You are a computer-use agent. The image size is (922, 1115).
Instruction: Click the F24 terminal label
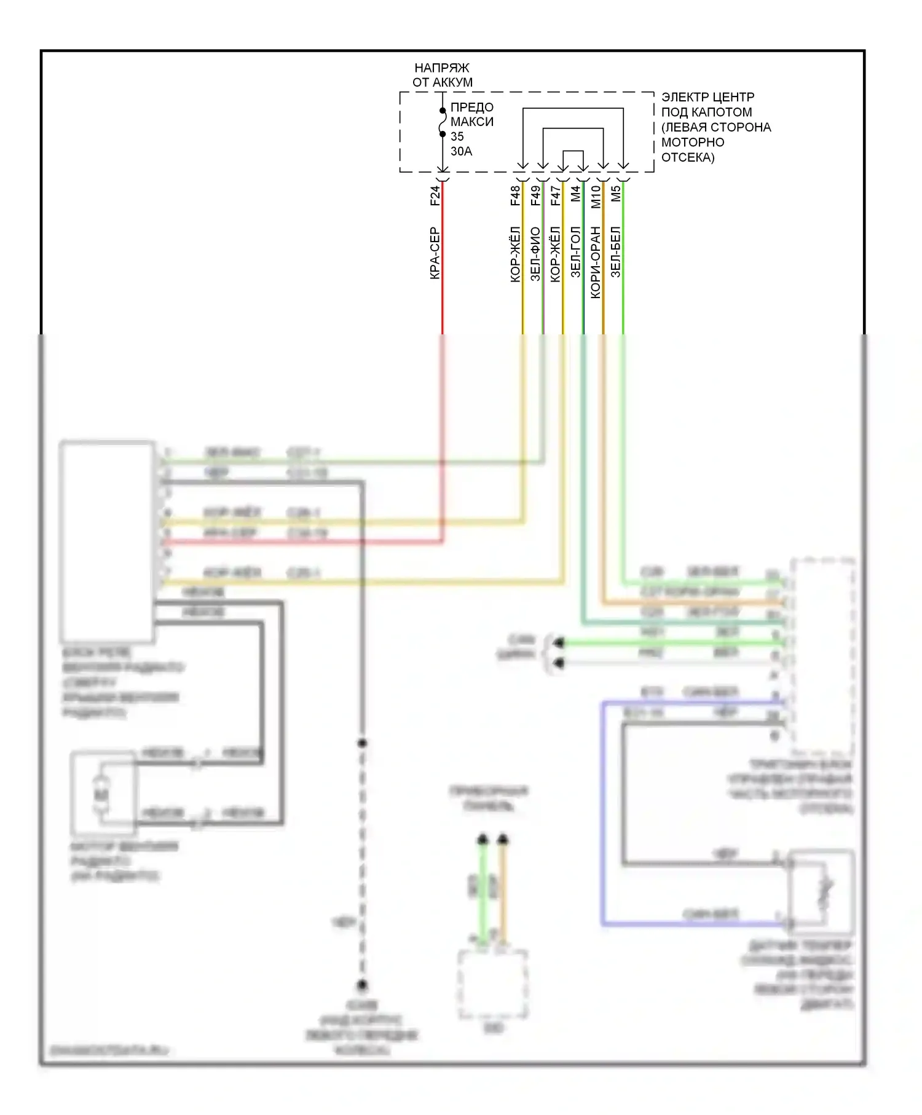tap(435, 195)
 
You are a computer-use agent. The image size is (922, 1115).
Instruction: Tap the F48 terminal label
tap(515, 195)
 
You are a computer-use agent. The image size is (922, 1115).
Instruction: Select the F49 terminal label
tap(535, 195)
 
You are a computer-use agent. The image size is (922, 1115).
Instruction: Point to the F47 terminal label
tap(556, 195)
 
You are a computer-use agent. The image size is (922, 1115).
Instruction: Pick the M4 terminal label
tap(575, 194)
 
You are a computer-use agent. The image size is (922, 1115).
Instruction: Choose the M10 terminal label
tap(596, 197)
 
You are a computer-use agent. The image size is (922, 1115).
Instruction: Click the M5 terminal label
tap(616, 194)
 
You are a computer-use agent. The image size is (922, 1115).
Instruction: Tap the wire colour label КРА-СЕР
tap(435, 253)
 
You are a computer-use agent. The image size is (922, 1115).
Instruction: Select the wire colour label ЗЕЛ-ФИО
tap(535, 254)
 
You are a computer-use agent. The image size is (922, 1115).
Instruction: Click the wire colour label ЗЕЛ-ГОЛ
tap(575, 252)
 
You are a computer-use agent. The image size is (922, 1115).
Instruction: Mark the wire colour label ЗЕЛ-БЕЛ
tap(616, 252)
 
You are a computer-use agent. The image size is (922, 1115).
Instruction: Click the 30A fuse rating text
tap(461, 151)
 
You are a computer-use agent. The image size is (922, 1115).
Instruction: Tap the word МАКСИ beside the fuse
tap(471, 122)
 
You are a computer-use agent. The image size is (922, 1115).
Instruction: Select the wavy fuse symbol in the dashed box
tap(443, 122)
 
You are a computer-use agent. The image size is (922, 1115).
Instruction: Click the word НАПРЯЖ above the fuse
tap(441, 68)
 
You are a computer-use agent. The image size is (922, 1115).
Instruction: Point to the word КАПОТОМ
tap(722, 112)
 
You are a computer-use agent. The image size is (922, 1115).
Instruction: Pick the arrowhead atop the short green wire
tap(483, 838)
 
